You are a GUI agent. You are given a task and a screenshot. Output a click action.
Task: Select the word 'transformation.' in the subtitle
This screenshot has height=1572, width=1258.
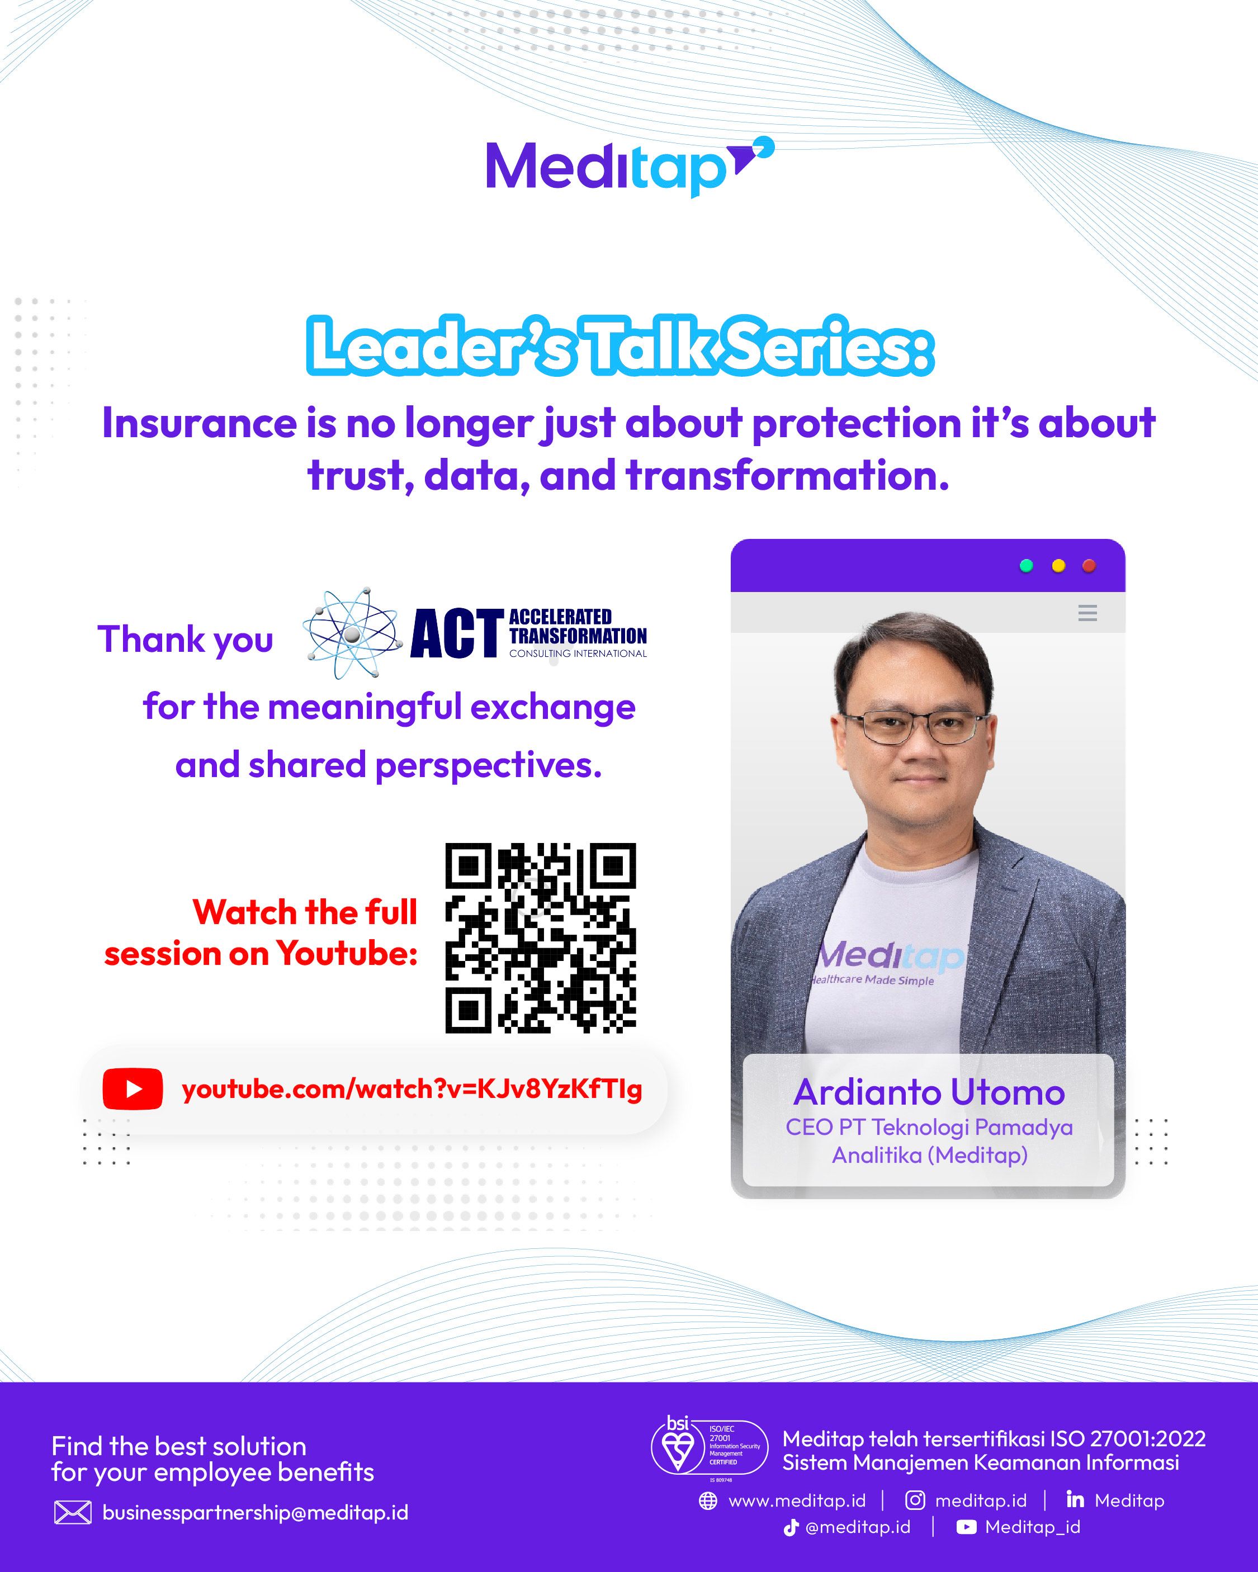click(x=788, y=475)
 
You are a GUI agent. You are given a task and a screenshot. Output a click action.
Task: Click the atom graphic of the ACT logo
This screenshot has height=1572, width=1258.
click(x=353, y=633)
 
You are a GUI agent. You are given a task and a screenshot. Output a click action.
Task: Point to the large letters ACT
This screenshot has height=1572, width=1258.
click(x=457, y=633)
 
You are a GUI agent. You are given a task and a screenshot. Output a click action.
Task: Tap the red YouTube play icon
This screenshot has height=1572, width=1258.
click(x=133, y=1088)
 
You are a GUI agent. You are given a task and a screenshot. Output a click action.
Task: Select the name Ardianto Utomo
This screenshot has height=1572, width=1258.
click(x=929, y=1092)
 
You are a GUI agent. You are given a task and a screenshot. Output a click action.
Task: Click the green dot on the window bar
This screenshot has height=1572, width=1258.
click(x=1026, y=566)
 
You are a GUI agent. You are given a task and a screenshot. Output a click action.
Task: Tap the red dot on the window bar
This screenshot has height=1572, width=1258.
click(x=1089, y=566)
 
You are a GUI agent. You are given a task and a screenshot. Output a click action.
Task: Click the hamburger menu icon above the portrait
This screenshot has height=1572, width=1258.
click(x=1087, y=613)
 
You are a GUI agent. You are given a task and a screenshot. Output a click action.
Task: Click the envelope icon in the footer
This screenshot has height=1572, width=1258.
click(x=73, y=1513)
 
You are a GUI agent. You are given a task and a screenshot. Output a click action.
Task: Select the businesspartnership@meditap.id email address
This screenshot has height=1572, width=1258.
click(x=256, y=1513)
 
